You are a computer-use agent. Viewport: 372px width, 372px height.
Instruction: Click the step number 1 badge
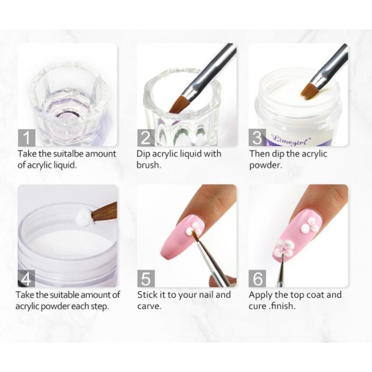[27, 138]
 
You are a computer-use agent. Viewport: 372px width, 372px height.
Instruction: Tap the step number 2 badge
[146, 138]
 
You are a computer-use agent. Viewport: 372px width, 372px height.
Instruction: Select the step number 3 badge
[257, 138]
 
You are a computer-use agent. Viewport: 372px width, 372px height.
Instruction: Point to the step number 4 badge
[27, 279]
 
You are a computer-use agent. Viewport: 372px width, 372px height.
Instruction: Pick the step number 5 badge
[146, 279]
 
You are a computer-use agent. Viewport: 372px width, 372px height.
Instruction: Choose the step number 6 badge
[257, 279]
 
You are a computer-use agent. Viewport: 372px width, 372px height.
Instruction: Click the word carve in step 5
[149, 306]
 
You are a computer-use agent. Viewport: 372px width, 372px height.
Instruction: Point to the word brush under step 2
[148, 165]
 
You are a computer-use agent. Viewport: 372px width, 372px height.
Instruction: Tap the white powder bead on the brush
[84, 216]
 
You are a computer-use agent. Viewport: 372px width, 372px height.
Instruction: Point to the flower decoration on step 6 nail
[285, 248]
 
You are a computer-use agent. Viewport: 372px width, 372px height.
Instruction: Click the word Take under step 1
[27, 154]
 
